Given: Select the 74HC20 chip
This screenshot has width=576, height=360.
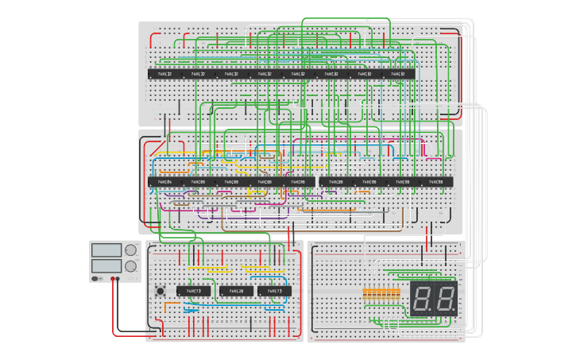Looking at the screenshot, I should (x=236, y=292).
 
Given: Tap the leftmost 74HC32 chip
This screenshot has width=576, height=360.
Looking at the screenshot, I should (x=165, y=74).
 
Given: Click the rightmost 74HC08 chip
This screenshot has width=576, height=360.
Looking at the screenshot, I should (x=436, y=182).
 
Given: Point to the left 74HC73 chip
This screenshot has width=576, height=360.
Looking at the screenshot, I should (x=194, y=292).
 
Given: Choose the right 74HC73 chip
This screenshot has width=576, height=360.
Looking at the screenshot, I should (x=275, y=292).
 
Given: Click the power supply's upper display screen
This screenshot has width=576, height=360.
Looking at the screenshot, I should (x=106, y=250).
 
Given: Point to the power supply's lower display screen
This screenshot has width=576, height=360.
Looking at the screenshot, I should (x=106, y=265).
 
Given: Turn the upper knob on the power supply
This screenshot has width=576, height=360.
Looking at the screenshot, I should (x=130, y=250).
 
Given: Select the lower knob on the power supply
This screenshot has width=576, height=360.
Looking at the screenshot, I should (x=130, y=265).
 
